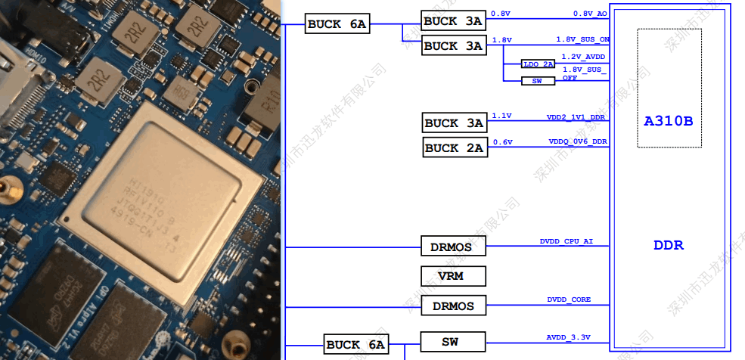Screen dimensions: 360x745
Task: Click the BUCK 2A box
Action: point(453,147)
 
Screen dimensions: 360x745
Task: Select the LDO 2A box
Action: point(538,64)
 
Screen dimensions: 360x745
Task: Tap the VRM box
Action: point(453,276)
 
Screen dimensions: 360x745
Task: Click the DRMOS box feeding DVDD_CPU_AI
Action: point(453,247)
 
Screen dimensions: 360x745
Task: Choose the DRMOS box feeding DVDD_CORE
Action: point(453,306)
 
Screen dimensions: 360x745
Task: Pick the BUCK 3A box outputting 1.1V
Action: point(453,123)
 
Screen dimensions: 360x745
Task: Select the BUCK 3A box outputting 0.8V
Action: point(453,21)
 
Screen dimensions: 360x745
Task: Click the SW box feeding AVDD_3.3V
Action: point(451,342)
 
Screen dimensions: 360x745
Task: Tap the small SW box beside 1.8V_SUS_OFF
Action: point(538,80)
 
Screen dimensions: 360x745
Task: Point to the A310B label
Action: point(669,121)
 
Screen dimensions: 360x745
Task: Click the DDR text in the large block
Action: point(669,246)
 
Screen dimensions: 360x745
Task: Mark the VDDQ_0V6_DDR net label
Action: point(579,141)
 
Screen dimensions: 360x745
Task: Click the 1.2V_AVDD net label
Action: point(583,57)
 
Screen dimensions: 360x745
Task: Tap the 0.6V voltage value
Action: point(502,141)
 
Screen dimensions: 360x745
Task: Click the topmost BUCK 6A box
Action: point(337,24)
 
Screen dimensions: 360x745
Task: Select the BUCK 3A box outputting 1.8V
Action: point(453,45)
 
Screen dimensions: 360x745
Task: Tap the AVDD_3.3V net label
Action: point(568,337)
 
